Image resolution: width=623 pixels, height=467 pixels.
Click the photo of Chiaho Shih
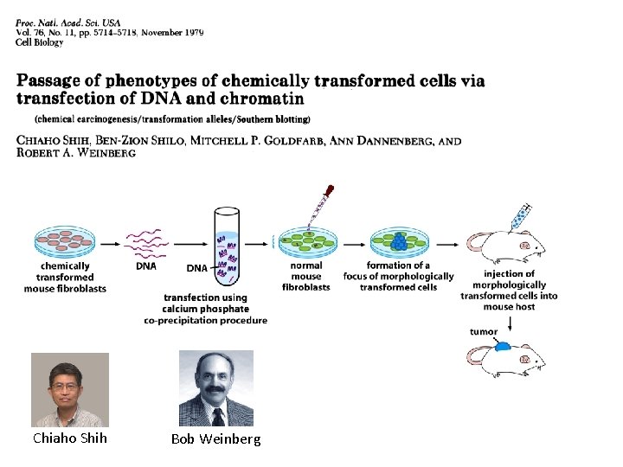pos(70,389)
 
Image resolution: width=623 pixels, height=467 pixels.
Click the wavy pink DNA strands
pos(146,242)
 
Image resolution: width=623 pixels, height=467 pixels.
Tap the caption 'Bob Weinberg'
pos(215,439)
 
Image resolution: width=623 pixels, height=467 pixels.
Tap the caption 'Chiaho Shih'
pos(70,438)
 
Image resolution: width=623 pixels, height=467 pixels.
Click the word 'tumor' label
pos(484,331)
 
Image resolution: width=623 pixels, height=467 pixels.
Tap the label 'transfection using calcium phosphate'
pos(205,304)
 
